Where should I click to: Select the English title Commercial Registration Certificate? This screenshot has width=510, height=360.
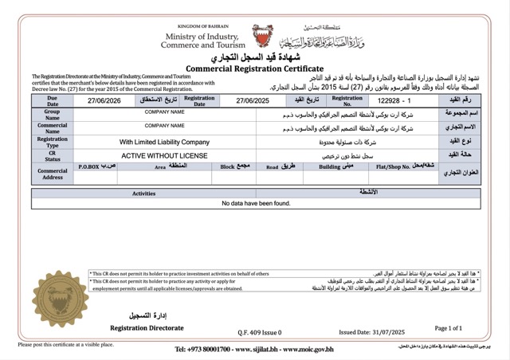pos(254,69)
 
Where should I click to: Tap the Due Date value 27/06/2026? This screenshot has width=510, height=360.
pos(104,101)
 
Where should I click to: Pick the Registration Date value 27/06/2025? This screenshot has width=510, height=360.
pos(253,101)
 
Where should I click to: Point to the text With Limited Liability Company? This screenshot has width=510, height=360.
pos(164,141)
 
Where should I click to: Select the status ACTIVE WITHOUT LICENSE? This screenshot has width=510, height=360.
pos(164,155)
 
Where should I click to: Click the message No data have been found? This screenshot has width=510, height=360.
pos(256,203)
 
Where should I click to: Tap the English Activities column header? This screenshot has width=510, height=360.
pos(143,194)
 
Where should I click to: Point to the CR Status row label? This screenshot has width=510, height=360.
pos(53,155)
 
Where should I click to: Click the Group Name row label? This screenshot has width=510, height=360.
pos(53,115)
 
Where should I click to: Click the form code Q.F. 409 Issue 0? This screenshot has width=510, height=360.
pos(259,331)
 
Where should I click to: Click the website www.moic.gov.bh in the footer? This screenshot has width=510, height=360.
pos(303,349)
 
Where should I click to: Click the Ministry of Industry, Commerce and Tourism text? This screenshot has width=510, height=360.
pos(202,41)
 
